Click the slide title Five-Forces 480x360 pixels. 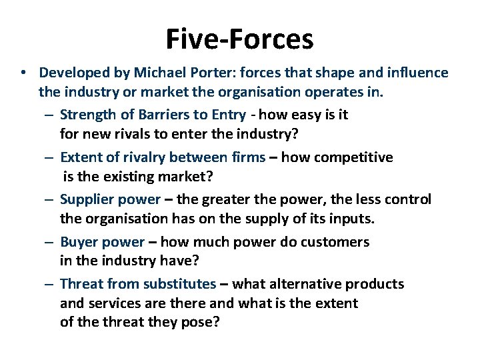239,39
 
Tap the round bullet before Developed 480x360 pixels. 23,73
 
